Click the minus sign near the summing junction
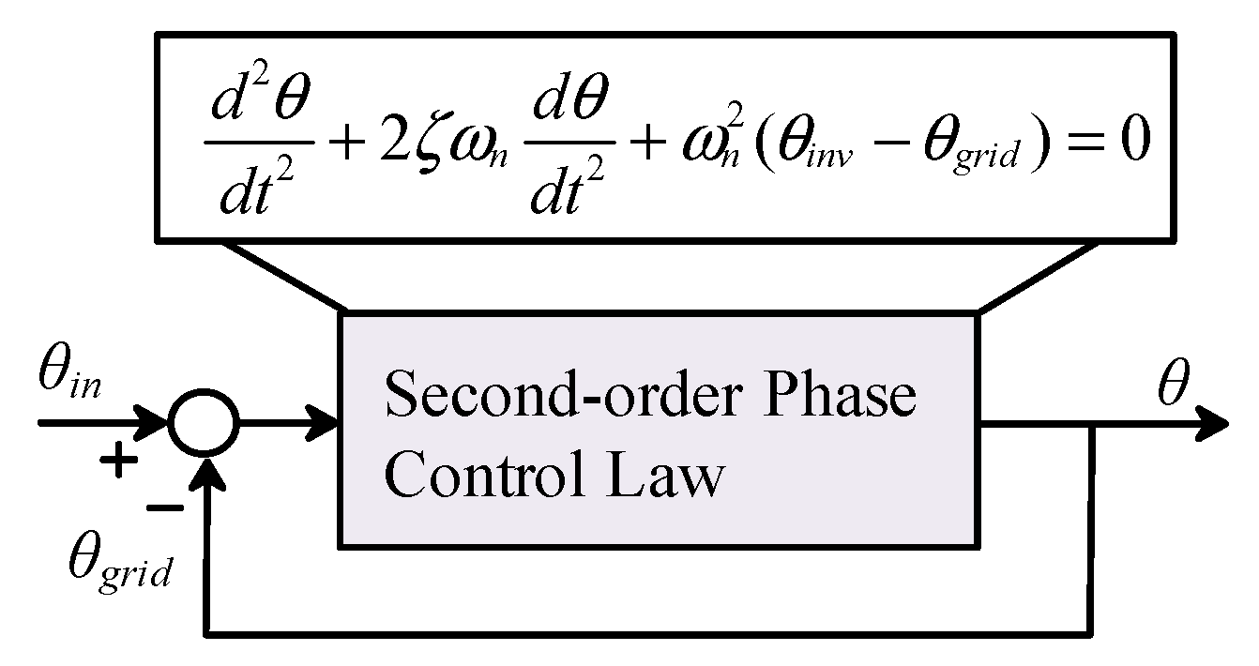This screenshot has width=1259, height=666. point(166,507)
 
